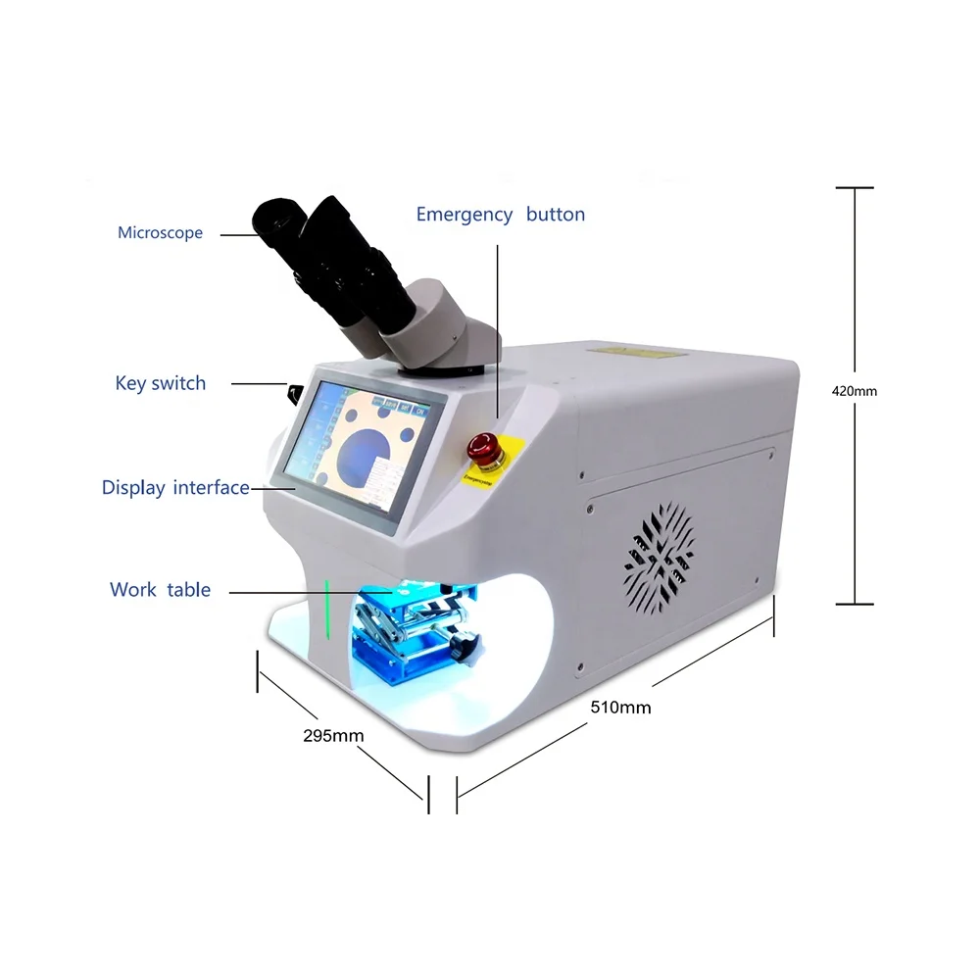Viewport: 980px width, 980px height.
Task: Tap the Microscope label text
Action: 160,233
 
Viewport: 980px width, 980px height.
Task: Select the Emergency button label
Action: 500,215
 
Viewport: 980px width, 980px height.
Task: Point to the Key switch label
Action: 161,383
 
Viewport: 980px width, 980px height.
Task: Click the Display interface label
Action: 175,487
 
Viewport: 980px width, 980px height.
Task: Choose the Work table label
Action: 160,590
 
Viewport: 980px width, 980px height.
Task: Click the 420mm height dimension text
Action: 854,390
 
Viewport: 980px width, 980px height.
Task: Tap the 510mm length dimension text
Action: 619,707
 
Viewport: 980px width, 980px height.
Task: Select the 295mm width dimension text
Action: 333,735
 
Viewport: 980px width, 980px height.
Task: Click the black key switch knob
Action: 293,394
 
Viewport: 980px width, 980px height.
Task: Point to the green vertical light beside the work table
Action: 327,610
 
